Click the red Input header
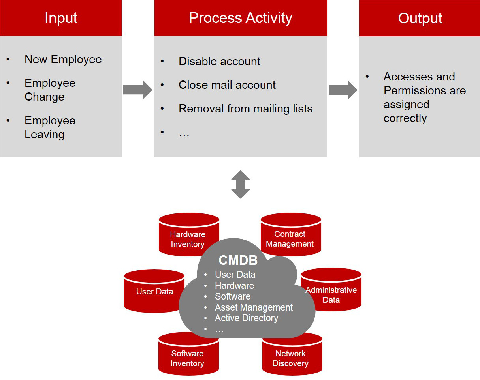coord(61,18)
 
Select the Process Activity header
coord(240,18)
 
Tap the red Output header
coord(420,18)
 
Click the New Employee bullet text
coord(63,59)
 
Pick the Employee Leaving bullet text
coord(50,127)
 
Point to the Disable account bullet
coord(219,61)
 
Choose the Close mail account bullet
coord(227,85)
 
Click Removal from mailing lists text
coord(245,109)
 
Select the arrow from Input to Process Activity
coord(137,90)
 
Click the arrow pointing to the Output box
coord(343,90)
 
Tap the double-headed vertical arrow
coord(241,184)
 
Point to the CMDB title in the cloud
coord(238,260)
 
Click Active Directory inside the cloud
coord(246,318)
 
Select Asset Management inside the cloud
coord(254,307)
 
